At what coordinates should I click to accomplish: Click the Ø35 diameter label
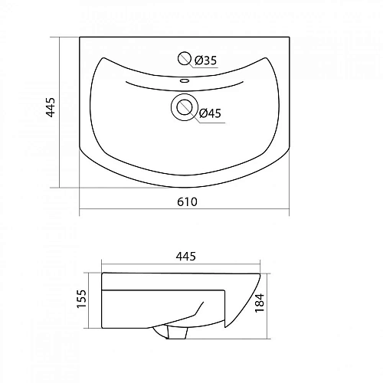205,61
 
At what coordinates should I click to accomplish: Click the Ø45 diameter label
210,113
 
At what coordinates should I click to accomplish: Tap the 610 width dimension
187,202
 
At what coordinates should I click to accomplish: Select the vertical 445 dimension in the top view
51,107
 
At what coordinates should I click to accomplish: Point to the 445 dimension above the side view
185,256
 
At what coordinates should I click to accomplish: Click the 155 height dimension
82,299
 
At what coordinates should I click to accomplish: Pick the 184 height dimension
260,303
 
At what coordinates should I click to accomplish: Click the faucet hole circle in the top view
185,58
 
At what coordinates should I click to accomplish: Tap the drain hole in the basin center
185,107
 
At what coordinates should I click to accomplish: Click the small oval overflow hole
185,81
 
